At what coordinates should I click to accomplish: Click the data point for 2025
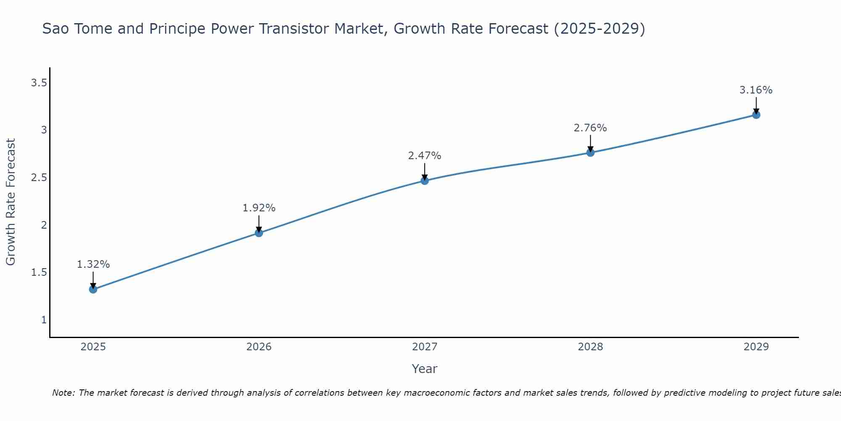click(x=93, y=289)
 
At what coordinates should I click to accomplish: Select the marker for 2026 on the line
click(x=259, y=233)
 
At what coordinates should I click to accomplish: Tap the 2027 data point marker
click(x=425, y=181)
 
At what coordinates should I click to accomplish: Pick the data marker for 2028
click(x=590, y=152)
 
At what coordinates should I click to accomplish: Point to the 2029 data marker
click(x=756, y=115)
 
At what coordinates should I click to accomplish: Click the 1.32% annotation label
click(x=93, y=264)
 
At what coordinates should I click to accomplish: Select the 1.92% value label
click(x=259, y=208)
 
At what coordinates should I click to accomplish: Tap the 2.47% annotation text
click(x=425, y=156)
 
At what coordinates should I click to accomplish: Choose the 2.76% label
click(x=590, y=128)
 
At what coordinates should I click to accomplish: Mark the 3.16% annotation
click(x=756, y=90)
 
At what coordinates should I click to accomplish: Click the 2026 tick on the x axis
click(x=259, y=347)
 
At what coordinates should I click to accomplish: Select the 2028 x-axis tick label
click(x=590, y=347)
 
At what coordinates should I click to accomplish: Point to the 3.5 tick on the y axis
click(x=39, y=83)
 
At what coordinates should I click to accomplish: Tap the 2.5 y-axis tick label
click(x=39, y=178)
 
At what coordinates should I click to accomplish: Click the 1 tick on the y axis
click(x=44, y=320)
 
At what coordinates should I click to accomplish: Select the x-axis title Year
click(x=425, y=369)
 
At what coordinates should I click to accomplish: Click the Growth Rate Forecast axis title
click(x=11, y=202)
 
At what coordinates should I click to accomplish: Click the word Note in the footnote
click(x=63, y=393)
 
